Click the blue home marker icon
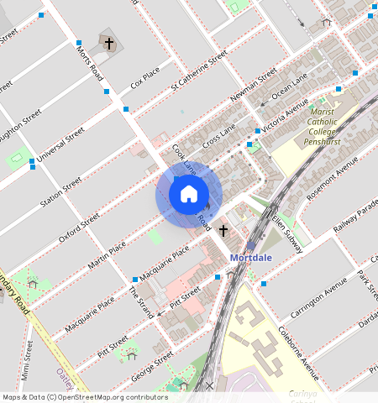click(189, 195)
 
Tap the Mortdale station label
click(251, 258)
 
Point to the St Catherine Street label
click(199, 70)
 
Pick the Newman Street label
click(253, 84)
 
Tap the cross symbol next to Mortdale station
click(223, 229)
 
